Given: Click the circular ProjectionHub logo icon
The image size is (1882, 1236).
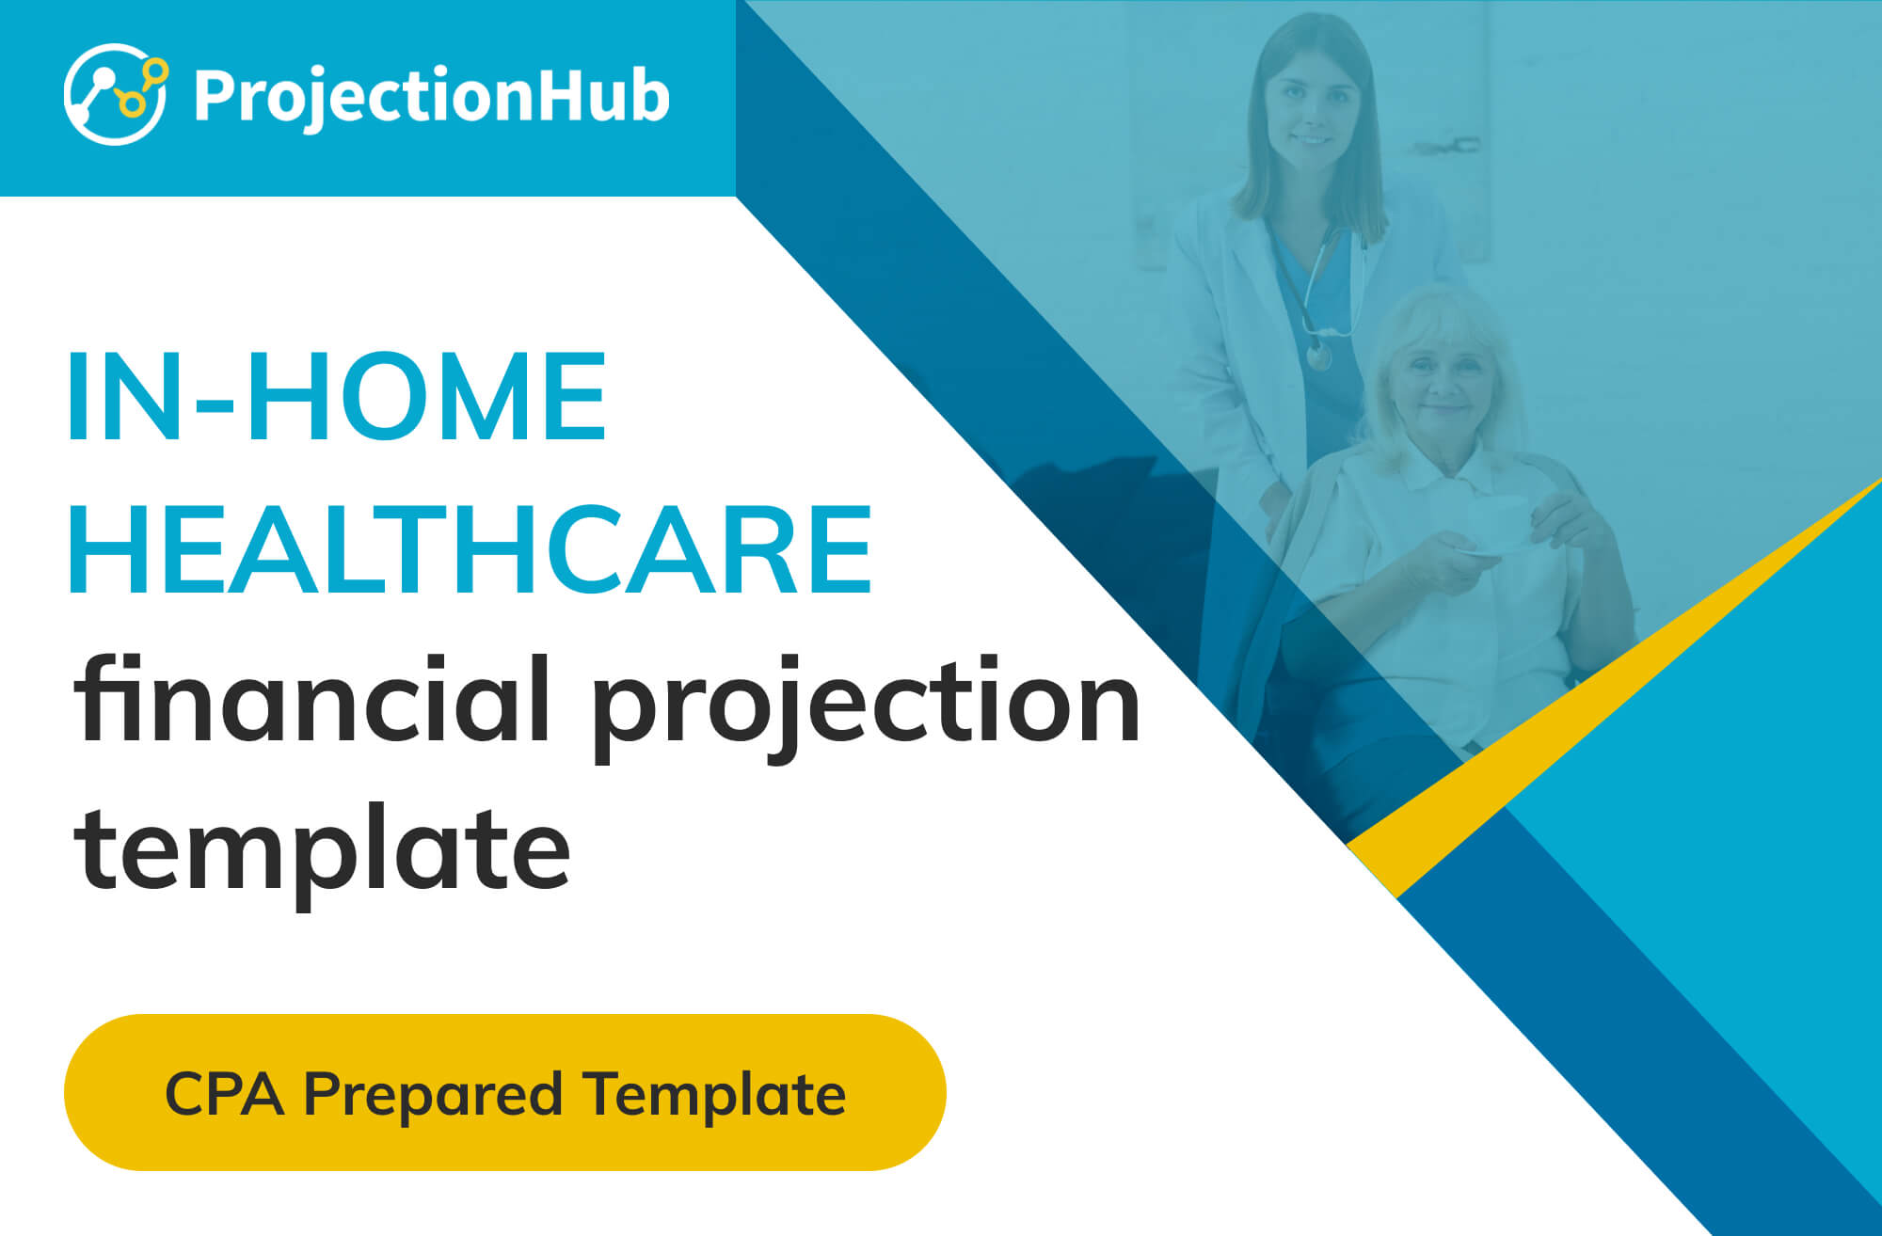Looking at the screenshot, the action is pos(116,94).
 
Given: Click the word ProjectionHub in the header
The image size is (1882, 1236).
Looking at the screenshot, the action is pos(432,98).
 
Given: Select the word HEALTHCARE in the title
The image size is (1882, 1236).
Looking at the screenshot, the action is pos(470,549).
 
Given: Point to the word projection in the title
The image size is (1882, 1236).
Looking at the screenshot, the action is pos(866,705).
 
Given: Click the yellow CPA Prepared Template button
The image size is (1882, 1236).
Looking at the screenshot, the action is pos(505,1092).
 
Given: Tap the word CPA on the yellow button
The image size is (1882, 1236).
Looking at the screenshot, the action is pos(224,1094).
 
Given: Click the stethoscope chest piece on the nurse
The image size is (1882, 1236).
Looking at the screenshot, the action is pos(1320,356).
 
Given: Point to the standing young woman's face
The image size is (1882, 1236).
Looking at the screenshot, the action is pos(1311,108).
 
